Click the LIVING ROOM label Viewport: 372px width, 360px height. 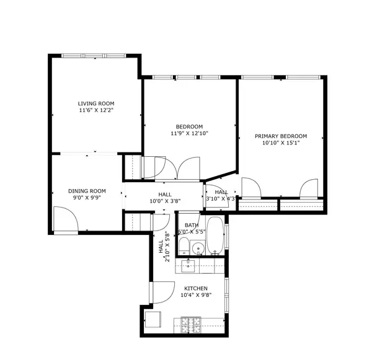(96, 103)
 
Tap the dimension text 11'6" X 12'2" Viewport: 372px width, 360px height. (96, 110)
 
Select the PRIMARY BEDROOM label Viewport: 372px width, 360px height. (280, 136)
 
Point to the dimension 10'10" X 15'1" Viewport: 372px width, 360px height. (280, 143)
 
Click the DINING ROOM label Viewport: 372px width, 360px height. (87, 191)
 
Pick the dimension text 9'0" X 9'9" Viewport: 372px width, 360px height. (87, 198)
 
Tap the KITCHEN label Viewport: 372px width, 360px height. (195, 288)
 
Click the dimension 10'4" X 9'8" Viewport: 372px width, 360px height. (195, 296)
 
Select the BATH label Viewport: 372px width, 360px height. (192, 226)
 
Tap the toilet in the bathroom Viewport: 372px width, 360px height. (184, 247)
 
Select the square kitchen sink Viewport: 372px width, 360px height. (188, 266)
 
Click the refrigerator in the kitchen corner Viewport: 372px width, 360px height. (154, 319)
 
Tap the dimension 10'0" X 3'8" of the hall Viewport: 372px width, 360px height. (164, 201)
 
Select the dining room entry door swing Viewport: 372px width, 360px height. (64, 219)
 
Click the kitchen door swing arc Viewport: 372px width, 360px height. (161, 292)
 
